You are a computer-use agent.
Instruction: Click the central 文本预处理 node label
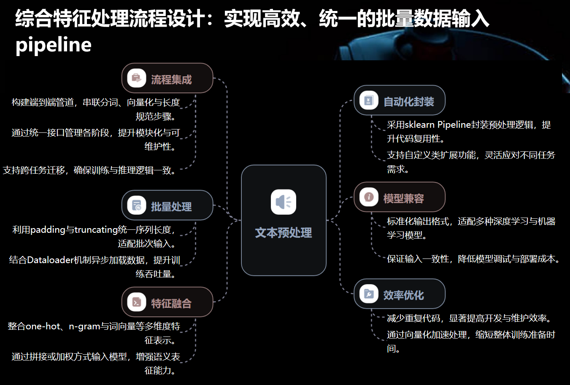[x=284, y=233]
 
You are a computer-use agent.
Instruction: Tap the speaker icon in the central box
[x=284, y=202]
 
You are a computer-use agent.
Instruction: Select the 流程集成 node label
[x=171, y=80]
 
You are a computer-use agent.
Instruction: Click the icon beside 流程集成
[x=137, y=78]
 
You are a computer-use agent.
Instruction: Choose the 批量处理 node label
[x=171, y=207]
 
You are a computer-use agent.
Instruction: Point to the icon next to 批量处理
[x=137, y=205]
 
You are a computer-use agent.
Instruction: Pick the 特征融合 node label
[x=171, y=303]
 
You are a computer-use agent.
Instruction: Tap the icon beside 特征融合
[x=137, y=302]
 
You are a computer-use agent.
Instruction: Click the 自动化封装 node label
[x=408, y=102]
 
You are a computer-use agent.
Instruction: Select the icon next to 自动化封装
[x=369, y=100]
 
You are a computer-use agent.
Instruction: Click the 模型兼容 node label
[x=403, y=199]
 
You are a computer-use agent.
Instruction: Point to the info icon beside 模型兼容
[x=369, y=197]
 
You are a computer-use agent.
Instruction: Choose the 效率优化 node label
[x=403, y=295]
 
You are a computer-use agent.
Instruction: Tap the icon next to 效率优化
[x=369, y=294]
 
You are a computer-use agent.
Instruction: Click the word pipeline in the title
[x=54, y=45]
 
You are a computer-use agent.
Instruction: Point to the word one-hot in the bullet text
[x=43, y=326]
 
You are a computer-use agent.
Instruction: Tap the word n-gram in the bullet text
[x=84, y=326]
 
